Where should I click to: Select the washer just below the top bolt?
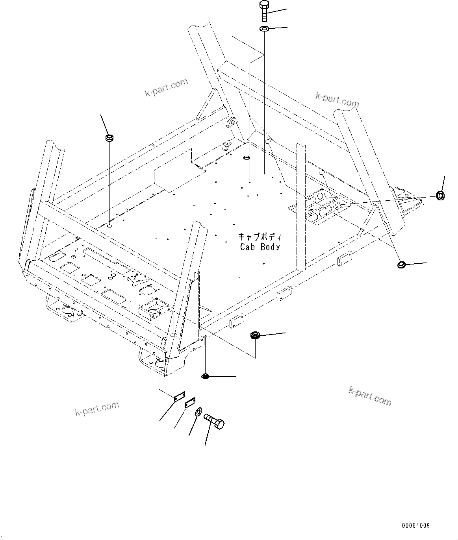pyautogui.click(x=264, y=29)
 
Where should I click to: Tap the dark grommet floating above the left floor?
pyautogui.click(x=109, y=138)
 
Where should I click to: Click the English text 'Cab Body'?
pyautogui.click(x=260, y=247)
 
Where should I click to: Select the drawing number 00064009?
pyautogui.click(x=416, y=525)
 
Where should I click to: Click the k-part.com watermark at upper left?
pyautogui.click(x=167, y=88)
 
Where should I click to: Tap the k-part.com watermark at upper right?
pyautogui.click(x=337, y=100)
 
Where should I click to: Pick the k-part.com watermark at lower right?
pyautogui.click(x=370, y=396)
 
